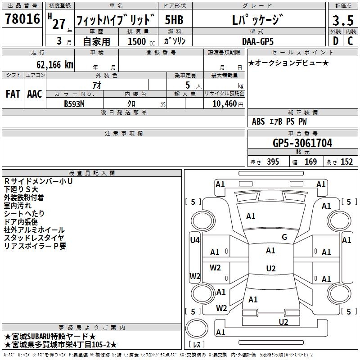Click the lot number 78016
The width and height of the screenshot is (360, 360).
click(x=22, y=20)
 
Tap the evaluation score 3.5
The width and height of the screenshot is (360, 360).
click(x=342, y=21)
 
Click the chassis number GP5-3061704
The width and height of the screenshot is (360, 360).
click(x=302, y=143)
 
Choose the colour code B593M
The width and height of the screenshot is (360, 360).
click(x=74, y=103)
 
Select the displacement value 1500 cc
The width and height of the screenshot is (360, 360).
click(x=140, y=41)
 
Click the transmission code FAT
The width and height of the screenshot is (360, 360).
click(x=13, y=94)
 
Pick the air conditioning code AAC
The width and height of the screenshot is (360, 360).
click(x=35, y=94)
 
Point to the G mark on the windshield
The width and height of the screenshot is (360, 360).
click(x=284, y=237)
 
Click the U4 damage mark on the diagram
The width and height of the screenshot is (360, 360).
click(x=194, y=240)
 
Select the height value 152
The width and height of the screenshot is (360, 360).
click(x=346, y=162)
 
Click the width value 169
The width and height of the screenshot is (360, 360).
click(x=310, y=162)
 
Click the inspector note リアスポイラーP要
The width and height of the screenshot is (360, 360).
click(x=35, y=246)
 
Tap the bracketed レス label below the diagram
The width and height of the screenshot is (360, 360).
click(x=198, y=345)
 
